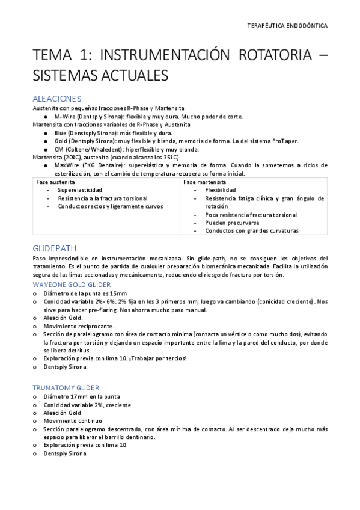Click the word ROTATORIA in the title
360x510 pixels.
point(264,56)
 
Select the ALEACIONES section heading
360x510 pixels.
point(56,98)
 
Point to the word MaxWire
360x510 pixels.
point(66,165)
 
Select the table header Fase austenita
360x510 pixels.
point(55,181)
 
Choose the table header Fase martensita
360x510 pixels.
point(204,181)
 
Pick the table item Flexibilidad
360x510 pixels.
point(220,189)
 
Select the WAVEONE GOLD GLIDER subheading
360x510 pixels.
point(71,284)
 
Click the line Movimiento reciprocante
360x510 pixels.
point(76,325)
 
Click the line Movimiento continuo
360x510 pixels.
point(72,421)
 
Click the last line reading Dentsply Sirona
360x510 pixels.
point(64,453)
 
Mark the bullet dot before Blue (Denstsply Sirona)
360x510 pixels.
point(46,133)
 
